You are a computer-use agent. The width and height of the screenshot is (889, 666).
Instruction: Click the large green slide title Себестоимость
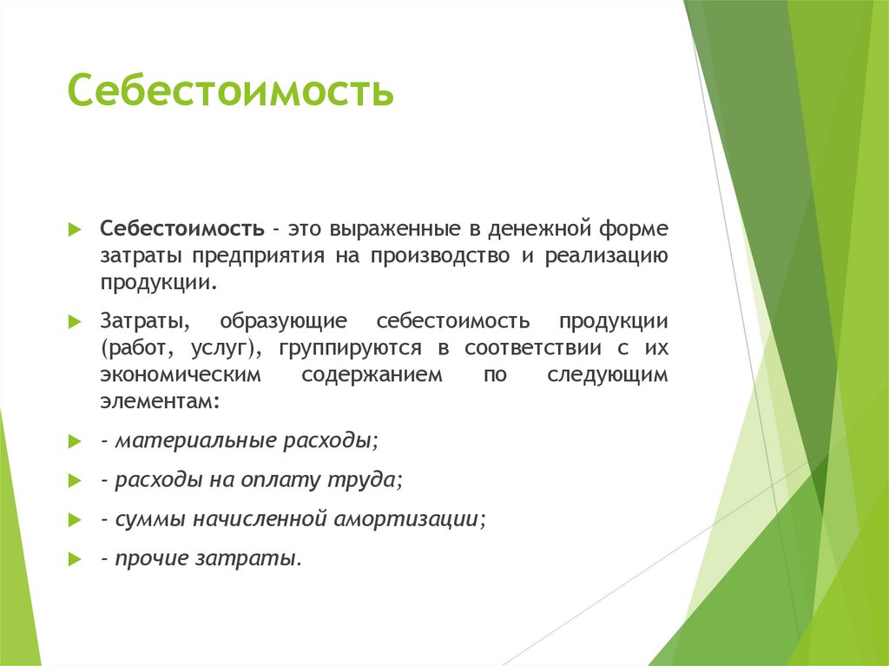point(230,91)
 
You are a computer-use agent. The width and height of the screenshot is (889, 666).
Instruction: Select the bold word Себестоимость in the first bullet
point(182,229)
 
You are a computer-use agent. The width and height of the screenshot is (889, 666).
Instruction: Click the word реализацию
point(607,256)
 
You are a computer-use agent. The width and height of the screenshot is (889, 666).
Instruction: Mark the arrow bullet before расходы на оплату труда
point(75,480)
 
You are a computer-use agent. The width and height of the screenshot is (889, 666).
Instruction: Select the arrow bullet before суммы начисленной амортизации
point(75,520)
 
